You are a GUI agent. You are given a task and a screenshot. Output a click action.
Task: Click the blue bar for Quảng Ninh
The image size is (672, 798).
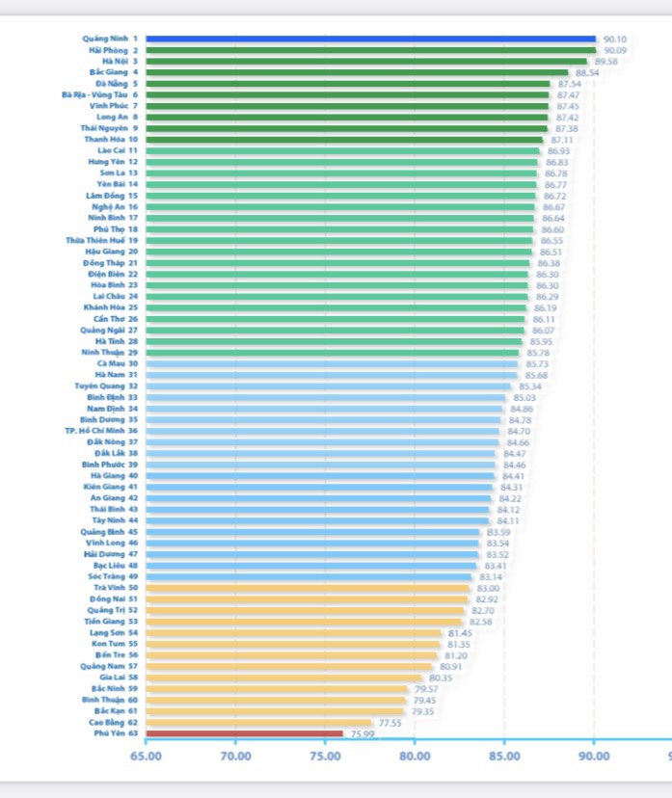point(371,40)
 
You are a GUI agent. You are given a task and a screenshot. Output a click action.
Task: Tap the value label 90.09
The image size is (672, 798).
point(614,50)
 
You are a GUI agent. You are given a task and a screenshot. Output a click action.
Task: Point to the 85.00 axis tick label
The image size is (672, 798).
point(504,756)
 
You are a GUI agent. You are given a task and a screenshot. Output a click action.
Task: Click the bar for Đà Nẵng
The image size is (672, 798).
point(347,84)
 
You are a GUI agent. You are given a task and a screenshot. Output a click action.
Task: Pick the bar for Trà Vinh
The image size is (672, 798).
point(308,588)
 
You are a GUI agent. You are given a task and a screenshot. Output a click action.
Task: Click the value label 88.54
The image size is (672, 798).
point(587,72)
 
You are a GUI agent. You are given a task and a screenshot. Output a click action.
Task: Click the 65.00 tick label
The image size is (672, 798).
point(146,756)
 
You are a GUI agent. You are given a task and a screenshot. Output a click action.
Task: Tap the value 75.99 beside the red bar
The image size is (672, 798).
point(363,734)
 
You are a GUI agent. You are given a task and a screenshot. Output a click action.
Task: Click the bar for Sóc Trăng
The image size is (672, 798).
point(309,576)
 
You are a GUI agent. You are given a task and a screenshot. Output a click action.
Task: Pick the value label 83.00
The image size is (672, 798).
point(488,588)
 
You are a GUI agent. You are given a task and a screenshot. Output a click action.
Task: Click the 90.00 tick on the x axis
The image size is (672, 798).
point(594,756)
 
